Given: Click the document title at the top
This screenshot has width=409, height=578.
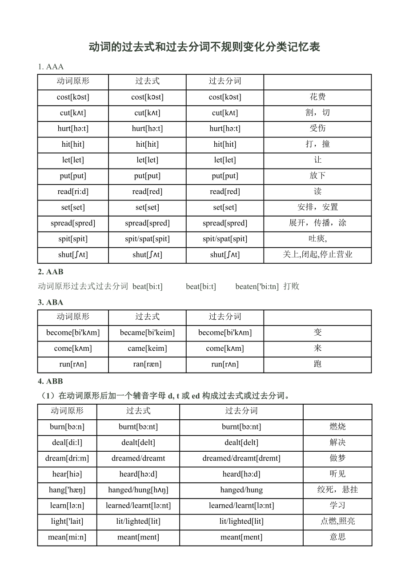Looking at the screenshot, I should click(204, 47).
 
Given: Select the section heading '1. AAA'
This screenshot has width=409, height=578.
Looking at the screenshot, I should click(51, 67).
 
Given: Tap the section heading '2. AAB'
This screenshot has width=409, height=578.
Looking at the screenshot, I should click(51, 272).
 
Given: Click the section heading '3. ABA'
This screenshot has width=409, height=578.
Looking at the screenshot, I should click(51, 302).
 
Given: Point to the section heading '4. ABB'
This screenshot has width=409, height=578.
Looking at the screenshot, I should click(51, 381).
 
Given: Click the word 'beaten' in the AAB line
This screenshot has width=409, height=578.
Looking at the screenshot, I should click(257, 286).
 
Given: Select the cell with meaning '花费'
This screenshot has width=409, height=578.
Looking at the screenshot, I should click(317, 97).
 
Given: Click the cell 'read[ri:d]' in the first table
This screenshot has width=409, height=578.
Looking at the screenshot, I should click(73, 192).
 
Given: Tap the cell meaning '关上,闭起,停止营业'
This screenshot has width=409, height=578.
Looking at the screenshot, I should click(317, 254).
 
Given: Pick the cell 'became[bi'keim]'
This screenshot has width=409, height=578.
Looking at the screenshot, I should click(147, 333).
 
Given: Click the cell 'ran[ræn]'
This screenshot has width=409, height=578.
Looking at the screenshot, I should click(147, 364).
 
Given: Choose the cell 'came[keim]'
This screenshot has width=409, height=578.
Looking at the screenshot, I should click(147, 348).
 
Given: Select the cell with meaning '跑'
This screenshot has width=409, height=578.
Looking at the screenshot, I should click(317, 364).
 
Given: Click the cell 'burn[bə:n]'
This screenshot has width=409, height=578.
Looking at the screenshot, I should click(67, 427).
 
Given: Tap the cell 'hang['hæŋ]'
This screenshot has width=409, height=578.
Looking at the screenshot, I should click(67, 490).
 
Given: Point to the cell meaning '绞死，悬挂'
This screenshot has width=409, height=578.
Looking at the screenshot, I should click(337, 490).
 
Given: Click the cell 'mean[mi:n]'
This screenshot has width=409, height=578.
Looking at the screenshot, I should click(67, 537).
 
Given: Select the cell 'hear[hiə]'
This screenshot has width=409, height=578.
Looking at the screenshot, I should click(67, 474).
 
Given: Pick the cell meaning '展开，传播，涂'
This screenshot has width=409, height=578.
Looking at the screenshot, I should click(317, 223).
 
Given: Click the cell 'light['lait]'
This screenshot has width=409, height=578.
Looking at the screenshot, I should click(67, 521).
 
